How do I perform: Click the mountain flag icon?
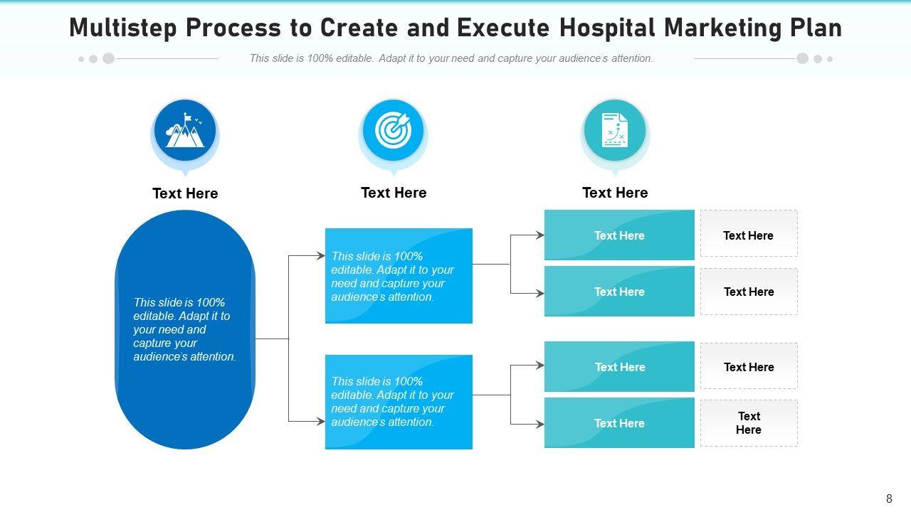point(185,131)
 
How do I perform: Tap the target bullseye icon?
point(393,130)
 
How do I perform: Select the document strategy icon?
point(615,130)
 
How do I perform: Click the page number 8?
point(889,498)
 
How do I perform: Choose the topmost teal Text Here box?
point(619,235)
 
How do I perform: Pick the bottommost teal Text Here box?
point(619,423)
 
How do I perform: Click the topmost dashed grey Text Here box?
point(749,235)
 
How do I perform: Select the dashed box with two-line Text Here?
point(749,423)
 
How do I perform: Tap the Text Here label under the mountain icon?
point(185,193)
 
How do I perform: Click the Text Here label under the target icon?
point(394,193)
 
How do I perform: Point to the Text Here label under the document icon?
point(615,193)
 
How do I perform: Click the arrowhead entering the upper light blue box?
point(321,256)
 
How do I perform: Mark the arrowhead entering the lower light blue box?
point(321,422)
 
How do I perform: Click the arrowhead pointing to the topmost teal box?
point(540,235)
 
